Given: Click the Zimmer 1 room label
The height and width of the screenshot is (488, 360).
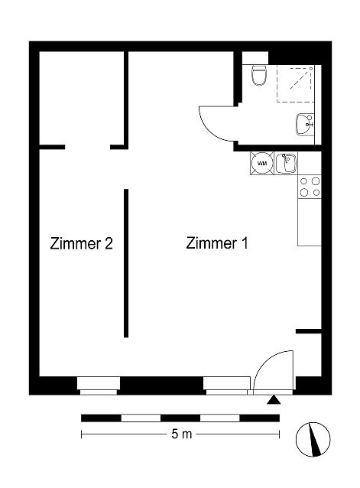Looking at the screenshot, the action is tap(217, 243).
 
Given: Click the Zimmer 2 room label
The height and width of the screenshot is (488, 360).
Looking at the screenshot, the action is tap(82, 244).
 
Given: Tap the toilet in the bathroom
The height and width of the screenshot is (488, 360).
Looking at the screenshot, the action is tap(258, 75).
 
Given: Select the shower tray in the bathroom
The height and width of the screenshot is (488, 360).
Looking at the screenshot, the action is tap(295, 83).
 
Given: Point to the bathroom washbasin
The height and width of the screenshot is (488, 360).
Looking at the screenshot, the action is tap(305, 125).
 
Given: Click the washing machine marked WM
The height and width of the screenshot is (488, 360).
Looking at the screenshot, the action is tap(262, 164).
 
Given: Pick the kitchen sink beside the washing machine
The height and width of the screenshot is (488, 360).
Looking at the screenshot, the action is tap(286, 164).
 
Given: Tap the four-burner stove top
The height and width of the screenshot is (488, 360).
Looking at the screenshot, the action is tap(310, 187).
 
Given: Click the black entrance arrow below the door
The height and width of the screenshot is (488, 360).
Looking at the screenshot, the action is tap(274, 399).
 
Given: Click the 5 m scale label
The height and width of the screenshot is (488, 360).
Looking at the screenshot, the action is tap(182, 434).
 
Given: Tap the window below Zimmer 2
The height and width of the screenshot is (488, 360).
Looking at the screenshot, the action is tap(99, 386).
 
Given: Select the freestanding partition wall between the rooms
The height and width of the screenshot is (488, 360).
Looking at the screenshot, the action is tap(126, 263).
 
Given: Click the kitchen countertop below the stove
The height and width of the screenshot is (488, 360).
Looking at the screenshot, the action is tap(310, 223).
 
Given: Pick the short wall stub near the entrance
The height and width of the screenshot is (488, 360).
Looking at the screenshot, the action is tap(308, 331).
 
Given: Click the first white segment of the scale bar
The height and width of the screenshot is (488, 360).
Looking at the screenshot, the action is tap(141, 418).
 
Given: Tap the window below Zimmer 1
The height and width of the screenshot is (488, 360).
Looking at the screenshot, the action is tap(227, 386).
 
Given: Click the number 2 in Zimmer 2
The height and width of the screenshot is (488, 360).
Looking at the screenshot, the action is tap(109, 243).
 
